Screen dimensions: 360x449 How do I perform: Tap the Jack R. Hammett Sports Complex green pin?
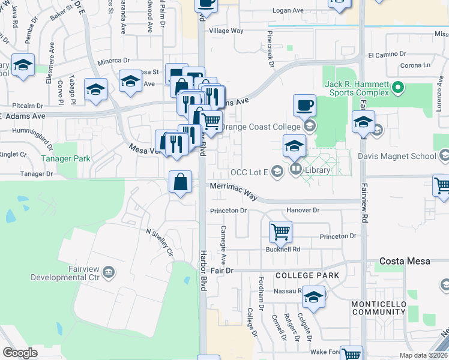pyautogui.click(x=397, y=89)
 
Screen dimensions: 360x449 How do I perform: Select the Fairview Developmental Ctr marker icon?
pyautogui.click(x=108, y=273)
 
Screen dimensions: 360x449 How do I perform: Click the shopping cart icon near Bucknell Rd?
pyautogui.click(x=280, y=230)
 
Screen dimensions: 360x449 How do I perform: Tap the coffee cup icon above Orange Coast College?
pyautogui.click(x=304, y=105)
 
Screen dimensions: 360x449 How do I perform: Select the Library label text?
pyautogui.click(x=318, y=170)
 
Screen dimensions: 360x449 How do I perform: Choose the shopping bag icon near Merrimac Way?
pyautogui.click(x=180, y=181)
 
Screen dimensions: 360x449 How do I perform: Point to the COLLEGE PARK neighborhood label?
pyautogui.click(x=307, y=275)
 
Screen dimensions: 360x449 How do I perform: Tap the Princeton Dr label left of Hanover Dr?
pyautogui.click(x=229, y=211)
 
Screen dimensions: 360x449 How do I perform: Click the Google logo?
pyautogui.click(x=20, y=352)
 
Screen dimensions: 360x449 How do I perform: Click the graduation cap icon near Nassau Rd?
pyautogui.click(x=313, y=296)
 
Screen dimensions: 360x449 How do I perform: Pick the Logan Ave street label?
pyautogui.click(x=288, y=11)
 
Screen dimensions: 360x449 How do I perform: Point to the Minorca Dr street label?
pyautogui.click(x=113, y=61)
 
